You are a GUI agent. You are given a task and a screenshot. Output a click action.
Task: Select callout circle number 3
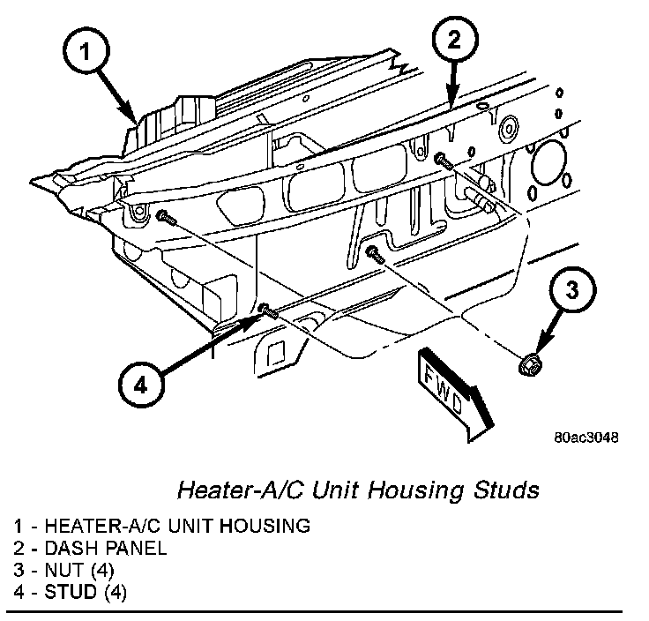tap(571, 292)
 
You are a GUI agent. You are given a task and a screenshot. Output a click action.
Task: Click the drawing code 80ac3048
tap(586, 438)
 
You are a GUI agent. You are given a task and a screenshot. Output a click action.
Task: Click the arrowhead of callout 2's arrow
tap(451, 104)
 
